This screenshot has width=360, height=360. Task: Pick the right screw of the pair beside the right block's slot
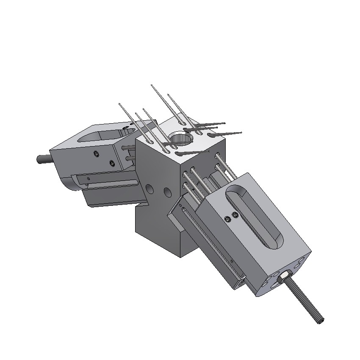coord(235,216)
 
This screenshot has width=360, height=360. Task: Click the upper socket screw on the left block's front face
coord(97,153)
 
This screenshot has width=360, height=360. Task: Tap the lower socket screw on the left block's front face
coord(112,163)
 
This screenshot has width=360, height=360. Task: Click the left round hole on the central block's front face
coord(150,188)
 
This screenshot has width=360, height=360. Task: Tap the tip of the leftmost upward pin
coord(120,104)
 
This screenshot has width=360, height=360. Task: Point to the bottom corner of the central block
coord(182,257)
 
